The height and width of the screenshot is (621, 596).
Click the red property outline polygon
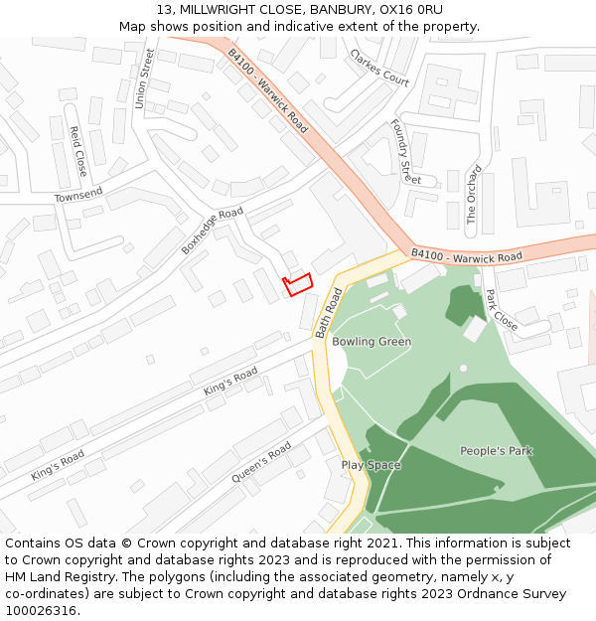(x=298, y=284)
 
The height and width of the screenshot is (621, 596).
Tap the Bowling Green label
(x=372, y=342)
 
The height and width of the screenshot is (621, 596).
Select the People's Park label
(x=496, y=451)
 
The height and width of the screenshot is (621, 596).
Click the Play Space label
(x=372, y=465)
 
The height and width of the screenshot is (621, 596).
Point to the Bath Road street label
(x=329, y=313)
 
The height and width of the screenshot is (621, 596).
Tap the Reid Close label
(x=78, y=151)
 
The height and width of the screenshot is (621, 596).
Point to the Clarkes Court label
(x=379, y=67)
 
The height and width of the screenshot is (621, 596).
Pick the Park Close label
(x=502, y=310)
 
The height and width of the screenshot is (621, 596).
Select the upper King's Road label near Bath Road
(x=230, y=382)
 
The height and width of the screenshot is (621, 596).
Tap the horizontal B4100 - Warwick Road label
(x=466, y=256)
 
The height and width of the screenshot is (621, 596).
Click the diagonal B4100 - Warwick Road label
(x=268, y=91)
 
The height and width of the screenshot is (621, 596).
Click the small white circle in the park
(x=463, y=368)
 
